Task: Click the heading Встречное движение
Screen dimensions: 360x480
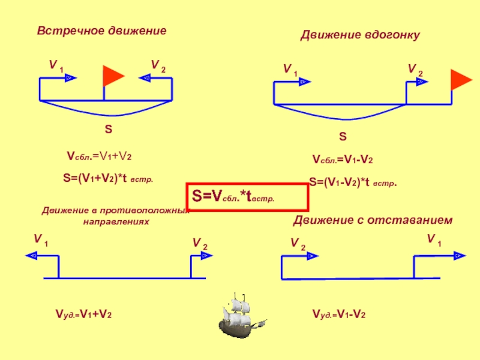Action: pos(101,30)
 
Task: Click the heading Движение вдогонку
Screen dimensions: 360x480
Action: pos(360,36)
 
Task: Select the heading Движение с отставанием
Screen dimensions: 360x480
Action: pos(372,221)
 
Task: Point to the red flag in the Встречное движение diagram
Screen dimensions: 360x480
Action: pos(112,76)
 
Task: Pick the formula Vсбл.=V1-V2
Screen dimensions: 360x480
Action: pos(343,160)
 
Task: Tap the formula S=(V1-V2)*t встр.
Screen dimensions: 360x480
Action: pos(353,182)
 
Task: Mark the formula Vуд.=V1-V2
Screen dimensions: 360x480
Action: pos(339,314)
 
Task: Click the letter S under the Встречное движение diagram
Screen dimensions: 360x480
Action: pos(109,129)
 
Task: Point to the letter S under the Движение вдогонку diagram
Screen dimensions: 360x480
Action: pos(343,137)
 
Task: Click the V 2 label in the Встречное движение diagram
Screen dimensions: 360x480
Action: pos(158,65)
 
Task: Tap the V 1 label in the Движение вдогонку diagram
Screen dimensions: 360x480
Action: pos(290,70)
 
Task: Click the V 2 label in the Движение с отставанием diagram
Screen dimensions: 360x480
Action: pos(298,243)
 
